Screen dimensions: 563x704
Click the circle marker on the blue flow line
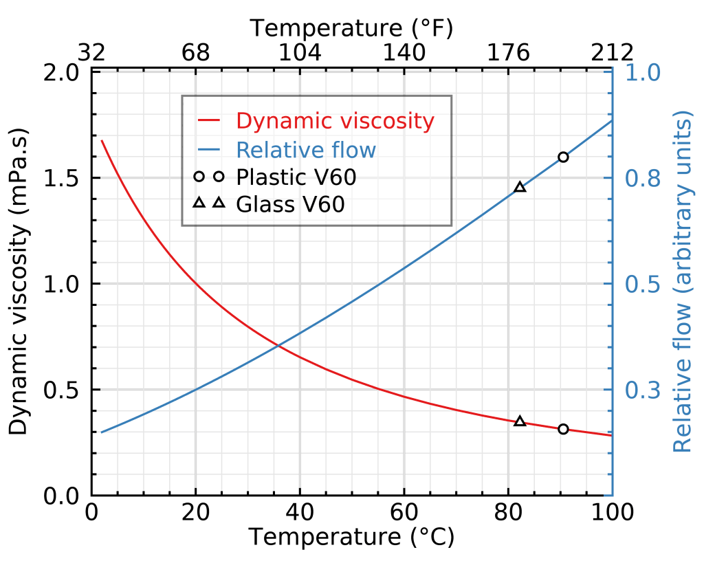pyautogui.click(x=563, y=157)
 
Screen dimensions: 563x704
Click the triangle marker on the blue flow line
pyautogui.click(x=520, y=187)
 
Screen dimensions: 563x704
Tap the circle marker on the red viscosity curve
pyautogui.click(x=564, y=429)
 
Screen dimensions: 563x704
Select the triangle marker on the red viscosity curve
pyautogui.click(x=520, y=421)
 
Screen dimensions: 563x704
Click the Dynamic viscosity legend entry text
pyautogui.click(x=335, y=121)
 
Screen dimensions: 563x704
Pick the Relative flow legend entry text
pyautogui.click(x=306, y=150)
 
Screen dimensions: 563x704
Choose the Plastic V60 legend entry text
pyautogui.click(x=296, y=177)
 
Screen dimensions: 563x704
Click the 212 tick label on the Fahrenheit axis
pyautogui.click(x=612, y=53)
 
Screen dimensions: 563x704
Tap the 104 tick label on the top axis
pyautogui.click(x=300, y=53)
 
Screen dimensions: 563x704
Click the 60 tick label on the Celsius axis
pyautogui.click(x=404, y=513)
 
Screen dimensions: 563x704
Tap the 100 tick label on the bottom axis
pyautogui.click(x=609, y=513)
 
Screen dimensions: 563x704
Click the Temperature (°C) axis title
pyautogui.click(x=351, y=537)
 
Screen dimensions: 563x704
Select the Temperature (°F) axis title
pyautogui.click(x=351, y=28)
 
